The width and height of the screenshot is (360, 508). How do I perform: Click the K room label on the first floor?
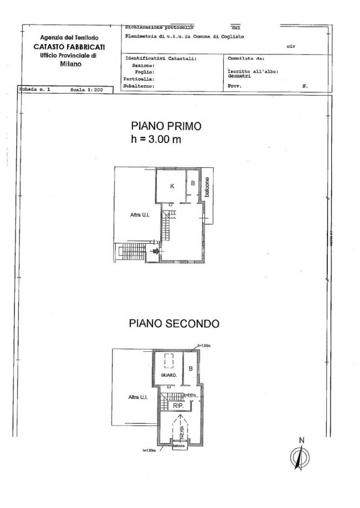(172, 186)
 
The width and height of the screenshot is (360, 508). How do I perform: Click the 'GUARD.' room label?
(168, 375)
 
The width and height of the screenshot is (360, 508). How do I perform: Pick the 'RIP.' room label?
(178, 406)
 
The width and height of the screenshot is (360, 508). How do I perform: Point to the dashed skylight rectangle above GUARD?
(168, 361)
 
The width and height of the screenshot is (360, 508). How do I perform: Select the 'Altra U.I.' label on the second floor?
(136, 397)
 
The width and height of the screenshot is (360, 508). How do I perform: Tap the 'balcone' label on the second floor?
(178, 445)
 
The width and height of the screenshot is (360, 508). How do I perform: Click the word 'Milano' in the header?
(70, 64)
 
